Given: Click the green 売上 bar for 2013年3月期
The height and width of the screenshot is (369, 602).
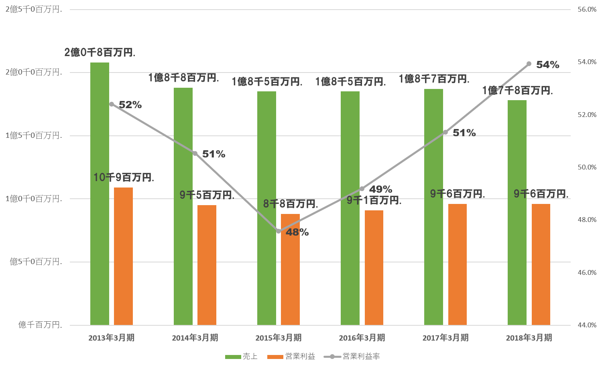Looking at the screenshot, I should tap(100, 192).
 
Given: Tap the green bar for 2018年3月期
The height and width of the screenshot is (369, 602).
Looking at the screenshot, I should tap(517, 212).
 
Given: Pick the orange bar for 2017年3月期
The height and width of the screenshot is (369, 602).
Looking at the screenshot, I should tap(458, 264).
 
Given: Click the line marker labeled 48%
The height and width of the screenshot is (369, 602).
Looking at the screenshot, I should tap(279, 231).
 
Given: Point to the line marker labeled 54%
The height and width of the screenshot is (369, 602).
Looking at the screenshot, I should tap(529, 64).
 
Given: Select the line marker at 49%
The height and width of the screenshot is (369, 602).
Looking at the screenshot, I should tap(362, 188).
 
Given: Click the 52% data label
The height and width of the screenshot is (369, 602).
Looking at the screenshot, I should tap(130, 105).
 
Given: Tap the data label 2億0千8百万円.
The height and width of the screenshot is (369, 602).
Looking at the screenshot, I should tap(100, 52).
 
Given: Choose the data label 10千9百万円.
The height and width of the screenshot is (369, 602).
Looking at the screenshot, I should tap(124, 177).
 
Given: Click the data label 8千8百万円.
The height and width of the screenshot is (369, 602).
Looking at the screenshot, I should tap(290, 204).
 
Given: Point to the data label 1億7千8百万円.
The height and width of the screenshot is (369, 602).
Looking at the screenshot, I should tap(517, 91).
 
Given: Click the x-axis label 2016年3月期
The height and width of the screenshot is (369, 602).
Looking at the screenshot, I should tap(362, 338).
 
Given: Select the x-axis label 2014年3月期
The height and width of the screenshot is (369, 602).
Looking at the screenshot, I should tap(195, 338).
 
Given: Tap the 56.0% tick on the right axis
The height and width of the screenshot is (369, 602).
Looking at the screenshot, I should tap(587, 9).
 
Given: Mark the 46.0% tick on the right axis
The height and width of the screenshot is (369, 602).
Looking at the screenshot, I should tap(587, 272).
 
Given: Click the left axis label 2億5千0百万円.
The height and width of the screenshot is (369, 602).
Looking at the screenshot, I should tap(34, 9).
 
